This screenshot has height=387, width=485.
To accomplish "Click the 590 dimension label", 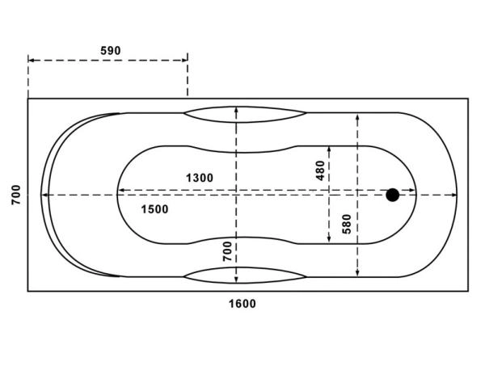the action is [111, 50].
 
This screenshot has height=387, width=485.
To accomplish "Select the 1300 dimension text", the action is [200, 178].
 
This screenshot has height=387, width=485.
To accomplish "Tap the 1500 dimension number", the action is [154, 209].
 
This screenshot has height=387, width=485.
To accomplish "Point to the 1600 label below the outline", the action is [242, 304].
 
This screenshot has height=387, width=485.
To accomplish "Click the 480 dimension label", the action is [320, 170].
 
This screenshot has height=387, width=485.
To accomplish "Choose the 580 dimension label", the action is [347, 224].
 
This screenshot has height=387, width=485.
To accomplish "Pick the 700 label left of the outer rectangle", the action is [16, 195].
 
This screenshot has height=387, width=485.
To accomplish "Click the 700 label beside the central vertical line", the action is [227, 251].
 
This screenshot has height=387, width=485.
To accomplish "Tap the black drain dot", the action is [393, 195].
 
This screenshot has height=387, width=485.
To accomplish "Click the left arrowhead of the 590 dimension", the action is [31, 61].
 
